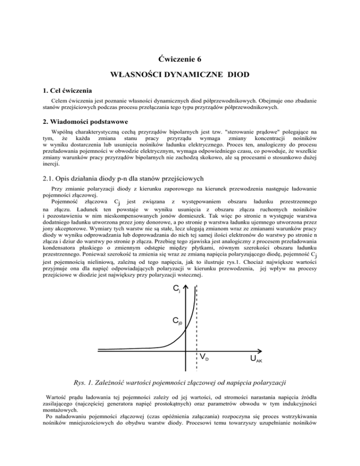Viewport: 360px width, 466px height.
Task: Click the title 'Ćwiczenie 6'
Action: (180, 60)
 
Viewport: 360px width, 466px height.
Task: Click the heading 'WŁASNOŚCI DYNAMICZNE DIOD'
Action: (180, 75)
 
